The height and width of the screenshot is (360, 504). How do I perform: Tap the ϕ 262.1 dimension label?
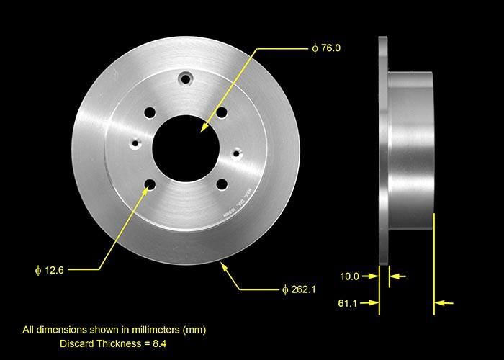click(298, 289)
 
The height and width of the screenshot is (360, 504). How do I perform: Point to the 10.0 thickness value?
click(350, 276)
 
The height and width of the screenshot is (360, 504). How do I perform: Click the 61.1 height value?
click(350, 304)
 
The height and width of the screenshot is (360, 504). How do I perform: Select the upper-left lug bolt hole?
click(150, 112)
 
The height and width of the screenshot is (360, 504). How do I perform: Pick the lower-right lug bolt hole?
click(221, 184)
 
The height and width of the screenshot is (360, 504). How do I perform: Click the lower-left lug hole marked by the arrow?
click(150, 185)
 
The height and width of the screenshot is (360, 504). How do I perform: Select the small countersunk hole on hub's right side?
click(236, 152)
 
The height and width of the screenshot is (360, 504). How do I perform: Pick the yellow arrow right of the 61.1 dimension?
click(445, 304)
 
